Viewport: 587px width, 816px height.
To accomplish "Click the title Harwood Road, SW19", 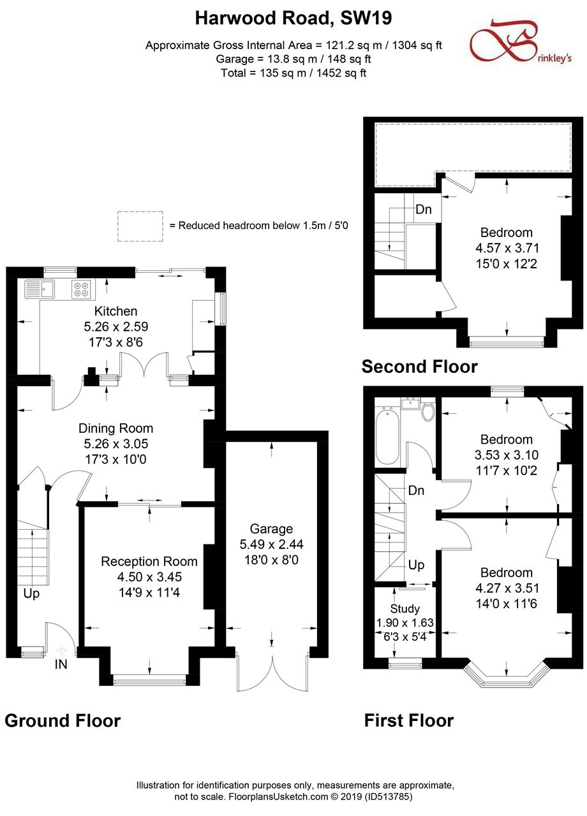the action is pyautogui.click(x=293, y=18).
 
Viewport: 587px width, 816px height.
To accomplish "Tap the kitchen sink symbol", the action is pyautogui.click(x=40, y=289).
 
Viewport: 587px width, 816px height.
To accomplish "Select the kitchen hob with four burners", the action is pyautogui.click(x=81, y=289).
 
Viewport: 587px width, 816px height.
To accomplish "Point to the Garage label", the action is pyautogui.click(x=271, y=528).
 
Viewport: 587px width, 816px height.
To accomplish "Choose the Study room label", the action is pyautogui.click(x=405, y=609).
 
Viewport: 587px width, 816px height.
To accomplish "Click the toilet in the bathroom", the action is pyautogui.click(x=428, y=412).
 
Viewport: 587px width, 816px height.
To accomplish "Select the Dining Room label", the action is pyautogui.click(x=116, y=428).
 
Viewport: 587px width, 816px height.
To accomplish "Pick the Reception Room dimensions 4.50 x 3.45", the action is pyautogui.click(x=149, y=577).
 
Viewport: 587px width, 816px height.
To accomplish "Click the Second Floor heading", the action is pyautogui.click(x=419, y=367).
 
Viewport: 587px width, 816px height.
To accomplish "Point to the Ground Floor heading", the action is pyautogui.click(x=63, y=720).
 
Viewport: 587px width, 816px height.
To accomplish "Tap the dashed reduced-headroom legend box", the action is pyautogui.click(x=140, y=226).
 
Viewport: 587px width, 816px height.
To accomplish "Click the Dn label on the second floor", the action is pyautogui.click(x=424, y=210).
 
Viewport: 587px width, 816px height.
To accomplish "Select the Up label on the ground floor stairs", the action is pyautogui.click(x=31, y=594).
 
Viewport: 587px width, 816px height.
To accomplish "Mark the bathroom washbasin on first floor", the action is pyautogui.click(x=410, y=404).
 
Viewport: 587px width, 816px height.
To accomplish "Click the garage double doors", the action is pyautogui.click(x=272, y=674).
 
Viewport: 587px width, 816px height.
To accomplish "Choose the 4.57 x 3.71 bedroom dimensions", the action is pyautogui.click(x=507, y=248).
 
